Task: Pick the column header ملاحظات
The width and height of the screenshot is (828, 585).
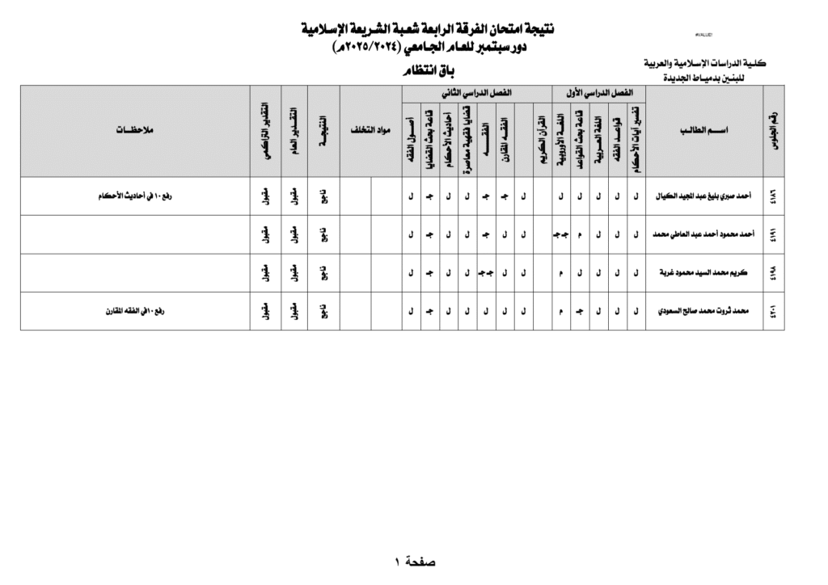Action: pyautogui.click(x=134, y=130)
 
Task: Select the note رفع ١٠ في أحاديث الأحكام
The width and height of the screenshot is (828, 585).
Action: pyautogui.click(x=134, y=196)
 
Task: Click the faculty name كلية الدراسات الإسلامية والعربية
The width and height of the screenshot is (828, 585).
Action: pyautogui.click(x=704, y=64)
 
